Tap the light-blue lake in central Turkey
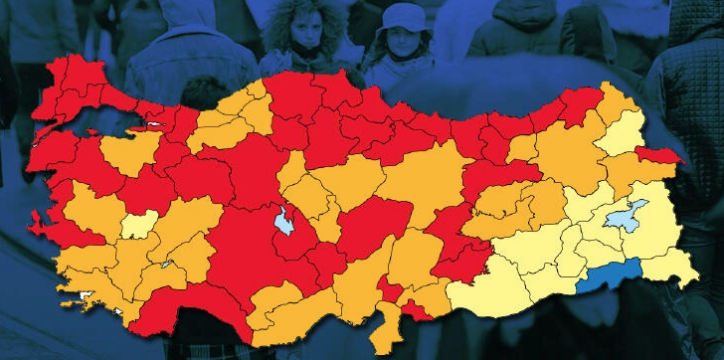[285, 222]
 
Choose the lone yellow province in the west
[139, 224]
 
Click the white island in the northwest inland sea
[156, 125]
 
